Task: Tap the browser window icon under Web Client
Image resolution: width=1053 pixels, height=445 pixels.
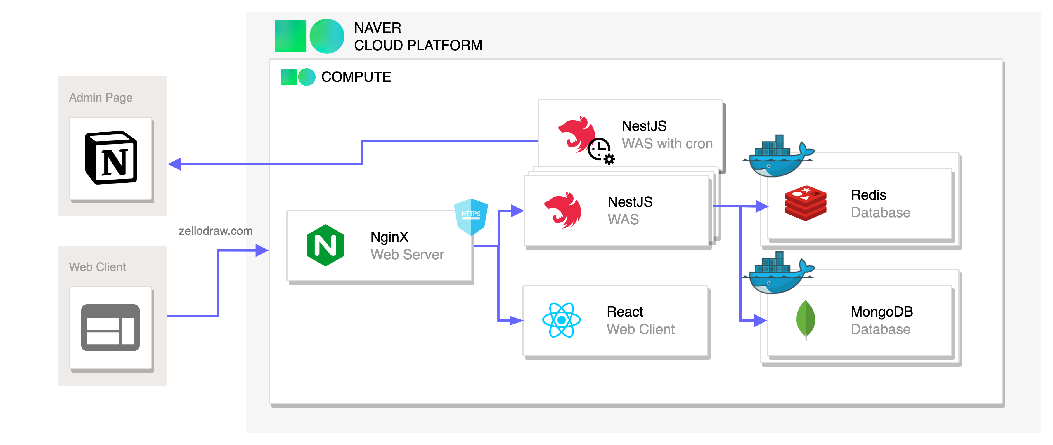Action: point(110,327)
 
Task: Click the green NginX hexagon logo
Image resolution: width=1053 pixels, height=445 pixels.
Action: point(325,245)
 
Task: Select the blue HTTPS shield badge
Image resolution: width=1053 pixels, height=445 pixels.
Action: point(471,216)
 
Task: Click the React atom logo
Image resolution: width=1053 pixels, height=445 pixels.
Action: point(561,320)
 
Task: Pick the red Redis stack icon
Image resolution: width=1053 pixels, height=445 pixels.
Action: point(805,203)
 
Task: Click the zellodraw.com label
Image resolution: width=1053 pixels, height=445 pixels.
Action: point(215,231)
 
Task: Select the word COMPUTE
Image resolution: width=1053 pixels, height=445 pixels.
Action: point(356,77)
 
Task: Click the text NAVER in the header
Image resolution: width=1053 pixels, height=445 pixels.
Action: point(377,28)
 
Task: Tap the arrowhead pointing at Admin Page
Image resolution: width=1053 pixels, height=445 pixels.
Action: point(174,164)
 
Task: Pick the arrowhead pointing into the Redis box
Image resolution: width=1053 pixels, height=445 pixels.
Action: point(761,206)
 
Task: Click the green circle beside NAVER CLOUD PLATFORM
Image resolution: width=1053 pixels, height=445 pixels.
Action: point(327,36)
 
